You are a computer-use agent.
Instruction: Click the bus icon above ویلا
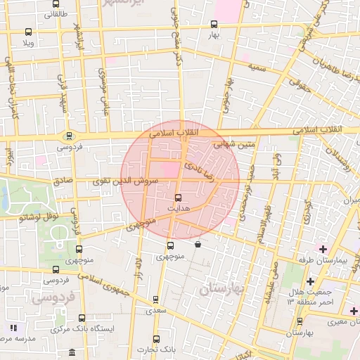pos(28,32)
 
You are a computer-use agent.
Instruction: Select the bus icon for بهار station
pos(214,24)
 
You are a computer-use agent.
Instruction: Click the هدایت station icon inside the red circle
pos(176,198)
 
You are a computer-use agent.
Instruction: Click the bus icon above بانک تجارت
pos(155,338)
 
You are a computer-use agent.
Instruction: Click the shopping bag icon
pos(198,244)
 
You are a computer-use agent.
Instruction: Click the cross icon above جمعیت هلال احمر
pos(309,282)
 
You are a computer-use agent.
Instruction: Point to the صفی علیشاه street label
pos(270,284)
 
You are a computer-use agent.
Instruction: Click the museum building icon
pos(72,352)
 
